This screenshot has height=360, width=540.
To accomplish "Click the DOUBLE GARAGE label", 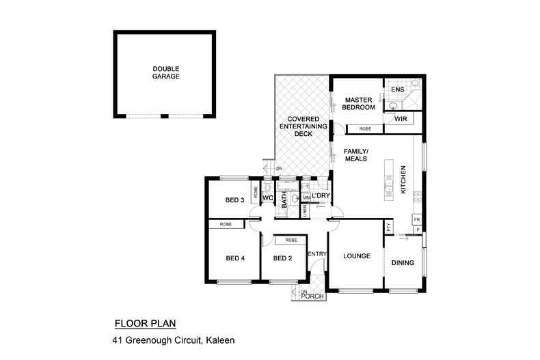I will pos(166,72).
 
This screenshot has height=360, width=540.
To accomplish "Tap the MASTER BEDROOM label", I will pos(359,104).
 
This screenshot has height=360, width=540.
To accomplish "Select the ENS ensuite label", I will pos(397,89).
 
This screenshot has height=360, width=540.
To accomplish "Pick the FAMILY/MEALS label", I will pos(355,154).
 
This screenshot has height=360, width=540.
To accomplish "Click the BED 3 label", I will pos(235,200).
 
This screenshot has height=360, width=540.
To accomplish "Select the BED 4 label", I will pos(235,258).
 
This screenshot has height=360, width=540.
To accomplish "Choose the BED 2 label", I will pos(282,258).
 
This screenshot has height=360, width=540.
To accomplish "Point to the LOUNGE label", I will pos(357,257).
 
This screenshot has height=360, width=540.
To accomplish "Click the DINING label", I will pos(403,262).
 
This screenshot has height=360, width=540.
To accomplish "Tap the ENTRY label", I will pos(316,254).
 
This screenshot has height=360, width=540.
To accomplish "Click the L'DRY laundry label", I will pos(321,197).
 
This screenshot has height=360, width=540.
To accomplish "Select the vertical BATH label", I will pos(284,199).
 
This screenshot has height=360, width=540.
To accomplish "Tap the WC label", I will pos(269,199).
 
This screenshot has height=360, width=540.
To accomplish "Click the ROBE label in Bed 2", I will pos(291,240).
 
